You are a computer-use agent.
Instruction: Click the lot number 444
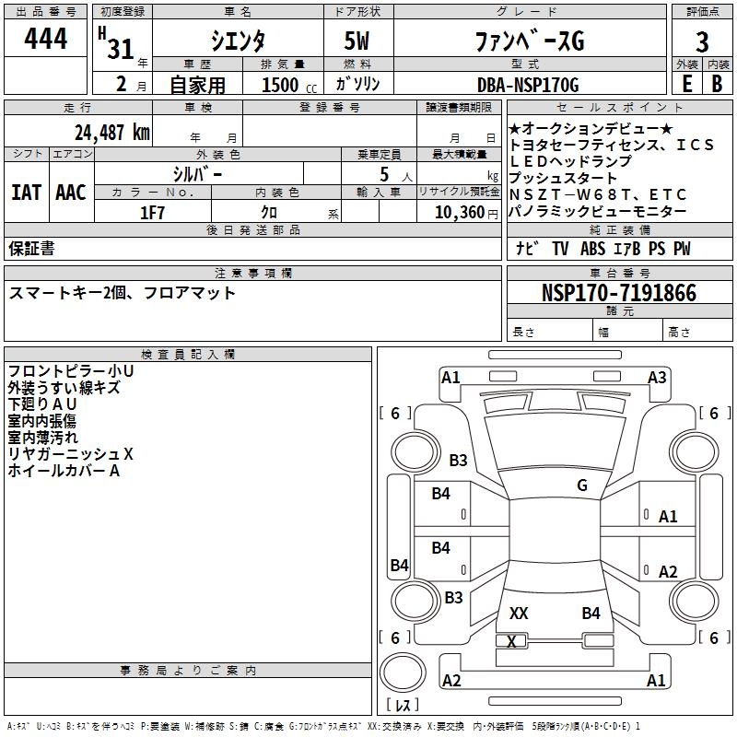pyautogui.click(x=46, y=40)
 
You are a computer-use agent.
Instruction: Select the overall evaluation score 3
pyautogui.click(x=702, y=41)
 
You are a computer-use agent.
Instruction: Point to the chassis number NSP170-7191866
pyautogui.click(x=619, y=293)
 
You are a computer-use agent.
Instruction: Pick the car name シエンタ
pyautogui.click(x=240, y=41)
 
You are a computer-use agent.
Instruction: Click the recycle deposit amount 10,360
pyautogui.click(x=453, y=212)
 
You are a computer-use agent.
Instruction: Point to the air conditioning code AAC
pyautogui.click(x=71, y=192)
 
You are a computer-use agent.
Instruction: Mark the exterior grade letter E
pyautogui.click(x=685, y=84)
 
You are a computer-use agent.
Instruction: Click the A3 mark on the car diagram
pyautogui.click(x=657, y=377)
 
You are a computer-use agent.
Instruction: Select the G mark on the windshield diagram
pyautogui.click(x=582, y=485)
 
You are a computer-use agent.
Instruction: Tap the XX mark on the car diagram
pyautogui.click(x=519, y=614)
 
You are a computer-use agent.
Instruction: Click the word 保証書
pyautogui.click(x=31, y=249)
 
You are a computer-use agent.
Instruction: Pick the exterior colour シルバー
pyautogui.click(x=197, y=173)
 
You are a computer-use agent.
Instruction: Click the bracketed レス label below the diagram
pyautogui.click(x=403, y=706)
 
